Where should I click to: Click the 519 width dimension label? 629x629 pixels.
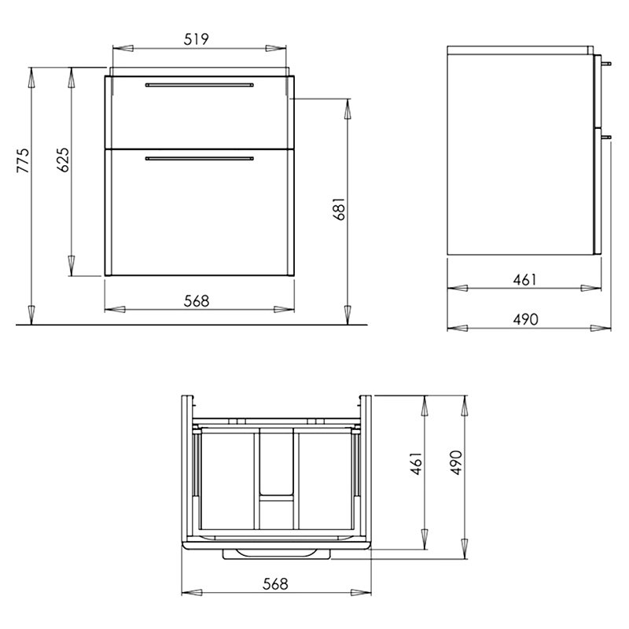point(196,39)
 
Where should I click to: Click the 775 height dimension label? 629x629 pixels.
point(23,160)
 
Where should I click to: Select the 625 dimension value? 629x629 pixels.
point(63,160)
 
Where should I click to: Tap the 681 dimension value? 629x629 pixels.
point(339,208)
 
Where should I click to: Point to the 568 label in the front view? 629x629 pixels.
point(197,301)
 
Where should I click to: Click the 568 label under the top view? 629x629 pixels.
point(276,583)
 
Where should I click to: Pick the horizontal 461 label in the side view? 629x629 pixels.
point(524,280)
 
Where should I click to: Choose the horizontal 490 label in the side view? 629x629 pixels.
point(525,319)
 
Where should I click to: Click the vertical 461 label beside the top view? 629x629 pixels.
point(417,463)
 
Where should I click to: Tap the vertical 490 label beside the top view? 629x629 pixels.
point(456,462)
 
